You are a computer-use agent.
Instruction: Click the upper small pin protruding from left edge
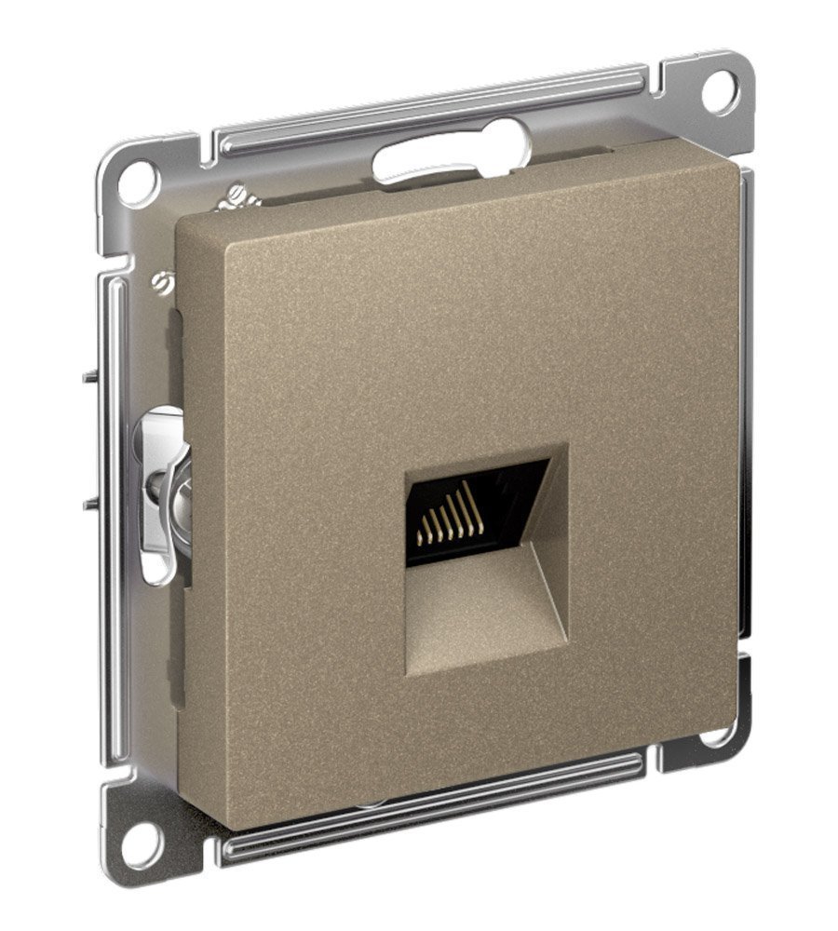tap(89, 377)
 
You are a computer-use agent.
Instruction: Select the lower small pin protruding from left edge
tap(89, 504)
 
